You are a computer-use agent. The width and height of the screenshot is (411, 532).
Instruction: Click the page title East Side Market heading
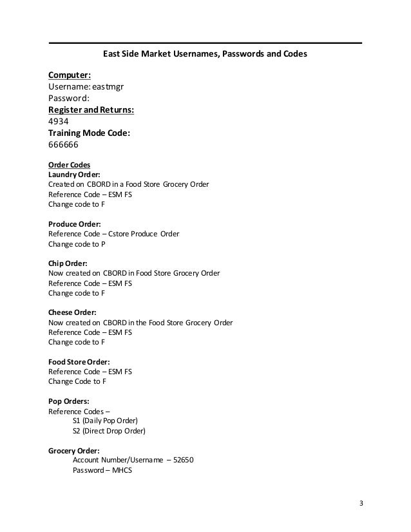coord(205,55)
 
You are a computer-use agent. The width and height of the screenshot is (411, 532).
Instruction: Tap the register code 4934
coord(59,121)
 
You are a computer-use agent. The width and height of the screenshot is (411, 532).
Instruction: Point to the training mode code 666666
coord(64,145)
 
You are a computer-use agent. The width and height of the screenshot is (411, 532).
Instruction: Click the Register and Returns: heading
coord(91,109)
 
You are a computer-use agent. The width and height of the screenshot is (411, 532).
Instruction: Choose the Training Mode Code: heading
coord(89,133)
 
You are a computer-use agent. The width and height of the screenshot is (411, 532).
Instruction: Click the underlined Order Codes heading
coord(69,164)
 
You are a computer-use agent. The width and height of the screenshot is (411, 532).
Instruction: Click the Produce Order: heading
coord(75,223)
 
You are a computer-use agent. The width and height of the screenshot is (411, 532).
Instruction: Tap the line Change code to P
coord(77,244)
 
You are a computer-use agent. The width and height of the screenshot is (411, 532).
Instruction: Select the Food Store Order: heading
coord(79,361)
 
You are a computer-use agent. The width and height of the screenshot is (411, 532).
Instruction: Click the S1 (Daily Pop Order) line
coord(106,421)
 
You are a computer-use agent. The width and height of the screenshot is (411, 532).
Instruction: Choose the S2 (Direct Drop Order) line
coord(109,431)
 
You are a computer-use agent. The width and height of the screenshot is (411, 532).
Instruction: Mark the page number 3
coord(361,502)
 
